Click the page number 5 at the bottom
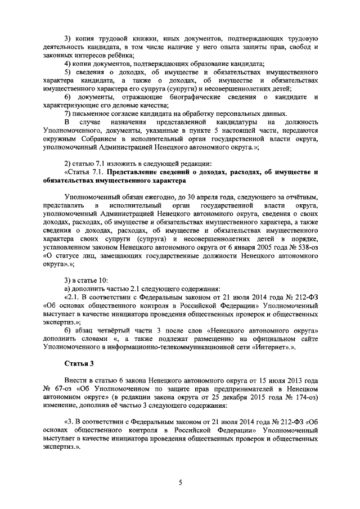click(181, 482)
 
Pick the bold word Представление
click(136, 172)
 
